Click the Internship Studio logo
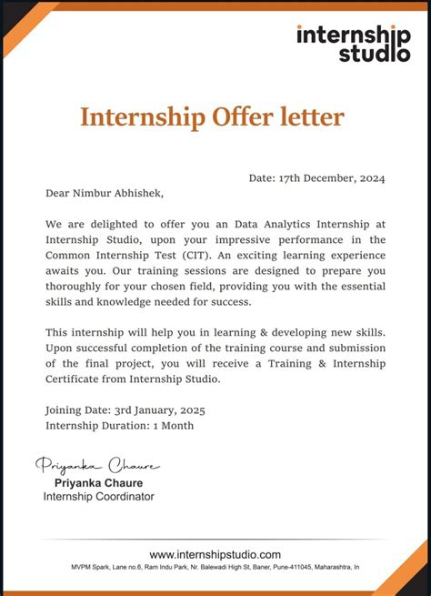353,43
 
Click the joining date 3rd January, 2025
155,409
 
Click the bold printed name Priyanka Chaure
98,482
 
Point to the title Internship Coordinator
98,497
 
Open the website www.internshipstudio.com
215,554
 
